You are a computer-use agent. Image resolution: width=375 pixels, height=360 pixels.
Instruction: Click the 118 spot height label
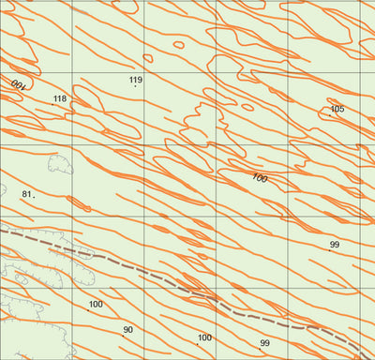click(60, 98)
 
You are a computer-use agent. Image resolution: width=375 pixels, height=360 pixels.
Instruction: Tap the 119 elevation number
click(135, 81)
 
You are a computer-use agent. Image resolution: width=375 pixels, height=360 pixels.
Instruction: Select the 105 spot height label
click(337, 110)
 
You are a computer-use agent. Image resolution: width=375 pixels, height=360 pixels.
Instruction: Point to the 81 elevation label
click(26, 194)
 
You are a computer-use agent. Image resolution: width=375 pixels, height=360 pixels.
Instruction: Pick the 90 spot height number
click(127, 330)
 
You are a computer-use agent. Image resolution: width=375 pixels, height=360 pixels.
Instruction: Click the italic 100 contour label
click(260, 178)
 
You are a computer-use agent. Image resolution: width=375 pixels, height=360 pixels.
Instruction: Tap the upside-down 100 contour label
click(18, 84)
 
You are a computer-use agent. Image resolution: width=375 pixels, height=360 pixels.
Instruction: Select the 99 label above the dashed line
click(334, 245)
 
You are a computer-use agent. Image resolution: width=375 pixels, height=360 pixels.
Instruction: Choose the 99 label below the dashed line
click(264, 343)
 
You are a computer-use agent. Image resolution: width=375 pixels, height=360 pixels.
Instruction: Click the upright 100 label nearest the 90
click(96, 305)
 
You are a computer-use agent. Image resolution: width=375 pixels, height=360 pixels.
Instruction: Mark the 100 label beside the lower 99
click(204, 337)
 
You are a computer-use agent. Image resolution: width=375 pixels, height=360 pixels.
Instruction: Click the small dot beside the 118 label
click(70, 103)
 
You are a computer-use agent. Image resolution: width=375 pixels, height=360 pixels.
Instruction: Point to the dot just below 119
click(136, 87)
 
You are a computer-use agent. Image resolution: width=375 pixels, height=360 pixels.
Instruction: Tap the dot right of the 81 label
click(35, 197)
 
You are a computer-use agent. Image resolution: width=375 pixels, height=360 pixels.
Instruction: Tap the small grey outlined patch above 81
click(60, 165)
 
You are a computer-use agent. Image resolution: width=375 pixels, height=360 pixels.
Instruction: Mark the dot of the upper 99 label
click(330, 250)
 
